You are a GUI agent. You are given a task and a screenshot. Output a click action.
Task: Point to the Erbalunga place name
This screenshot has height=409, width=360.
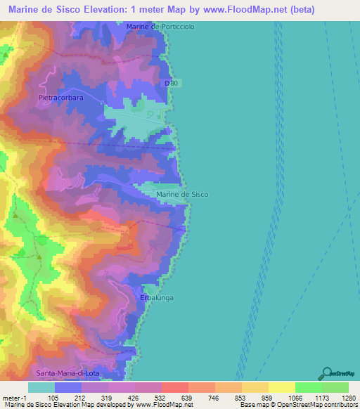156,298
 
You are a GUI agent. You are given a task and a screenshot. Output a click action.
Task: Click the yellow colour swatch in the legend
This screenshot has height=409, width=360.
281,387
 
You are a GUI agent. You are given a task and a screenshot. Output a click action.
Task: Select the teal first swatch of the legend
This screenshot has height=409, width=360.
41,387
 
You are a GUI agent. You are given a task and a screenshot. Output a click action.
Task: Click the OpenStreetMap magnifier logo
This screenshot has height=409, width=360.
326,373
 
